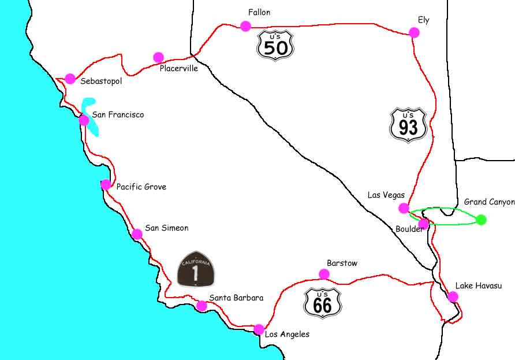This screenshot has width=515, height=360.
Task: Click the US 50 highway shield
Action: tap(275, 45)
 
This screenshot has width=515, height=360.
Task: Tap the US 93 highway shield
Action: tap(408, 124)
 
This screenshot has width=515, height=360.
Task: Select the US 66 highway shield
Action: tap(322, 302)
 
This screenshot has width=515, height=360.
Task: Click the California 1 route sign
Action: tap(196, 269)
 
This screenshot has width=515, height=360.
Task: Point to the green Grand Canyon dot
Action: tap(481, 220)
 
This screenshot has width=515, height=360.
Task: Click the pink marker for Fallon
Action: tap(245, 25)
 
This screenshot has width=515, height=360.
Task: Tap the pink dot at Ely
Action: tap(414, 32)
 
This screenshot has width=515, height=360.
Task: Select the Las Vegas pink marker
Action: tap(404, 208)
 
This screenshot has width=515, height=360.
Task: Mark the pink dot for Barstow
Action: tap(324, 274)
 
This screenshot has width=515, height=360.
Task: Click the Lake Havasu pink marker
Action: tap(453, 296)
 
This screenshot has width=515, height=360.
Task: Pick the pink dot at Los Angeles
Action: tap(259, 329)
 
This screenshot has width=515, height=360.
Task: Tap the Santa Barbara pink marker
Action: tap(201, 306)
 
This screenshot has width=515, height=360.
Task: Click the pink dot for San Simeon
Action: tap(137, 234)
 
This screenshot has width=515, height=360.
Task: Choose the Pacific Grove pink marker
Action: tap(106, 184)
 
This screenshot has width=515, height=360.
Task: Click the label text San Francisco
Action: tap(118, 115)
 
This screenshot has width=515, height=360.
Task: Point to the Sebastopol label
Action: tap(101, 81)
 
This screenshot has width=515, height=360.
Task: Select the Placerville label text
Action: tap(178, 68)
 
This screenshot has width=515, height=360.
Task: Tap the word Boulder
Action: tap(409, 228)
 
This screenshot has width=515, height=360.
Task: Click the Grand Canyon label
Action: tap(488, 202)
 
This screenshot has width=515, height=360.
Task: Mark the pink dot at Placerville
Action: tap(158, 57)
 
